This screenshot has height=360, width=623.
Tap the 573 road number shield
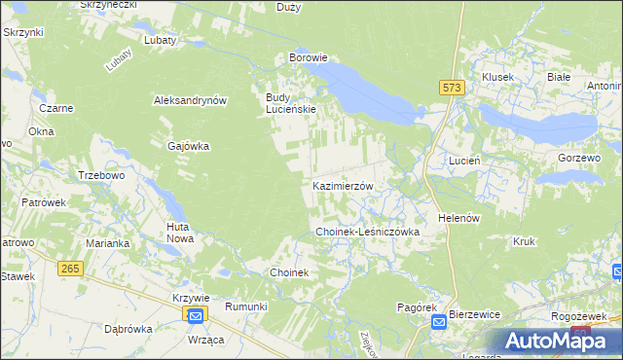450,88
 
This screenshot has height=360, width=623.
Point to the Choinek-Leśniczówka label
367,233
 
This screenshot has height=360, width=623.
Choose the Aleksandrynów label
190,100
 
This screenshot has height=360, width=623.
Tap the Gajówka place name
189,146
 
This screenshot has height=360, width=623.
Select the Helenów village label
460,218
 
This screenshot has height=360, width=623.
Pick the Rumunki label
245,306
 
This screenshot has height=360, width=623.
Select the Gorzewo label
580,158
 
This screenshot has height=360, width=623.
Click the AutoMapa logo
551,340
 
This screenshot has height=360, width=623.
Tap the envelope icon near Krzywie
195,315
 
